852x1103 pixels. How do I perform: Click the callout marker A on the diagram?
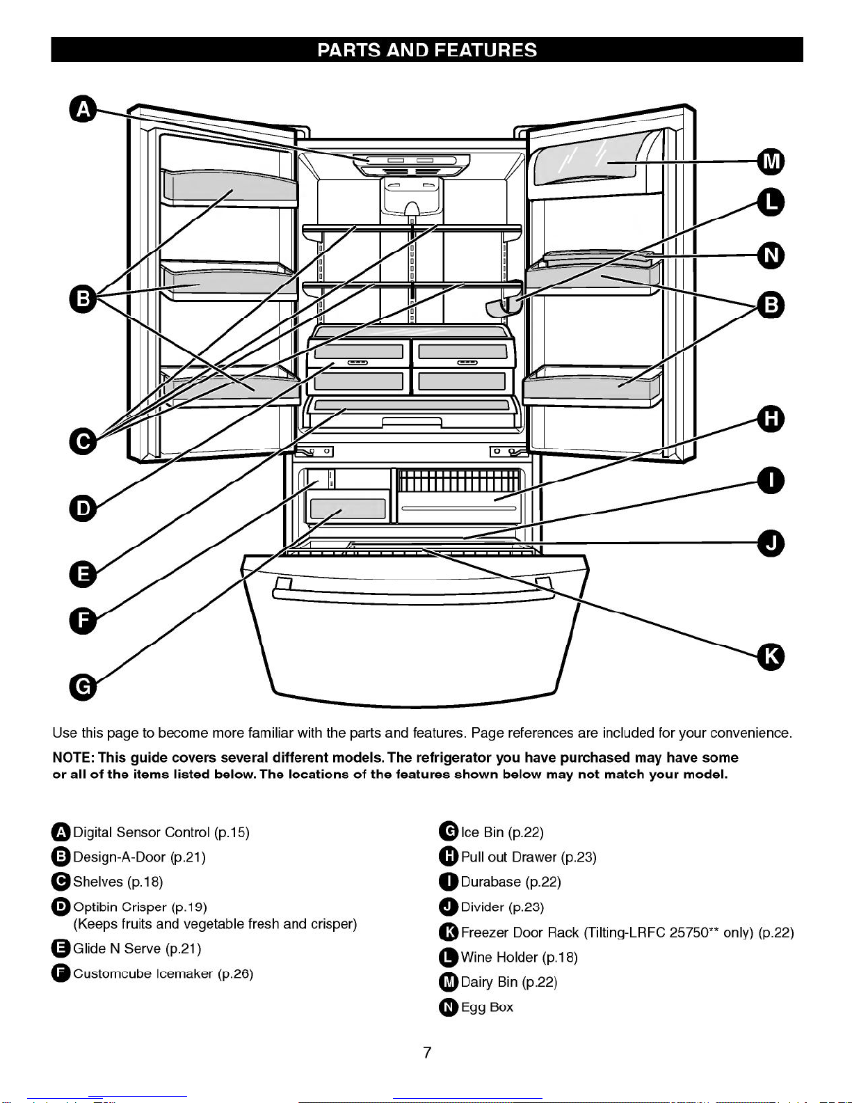point(83,109)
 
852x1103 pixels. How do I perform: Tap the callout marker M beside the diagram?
point(771,161)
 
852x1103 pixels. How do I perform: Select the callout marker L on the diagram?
point(771,203)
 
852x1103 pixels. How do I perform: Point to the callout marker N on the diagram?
point(771,255)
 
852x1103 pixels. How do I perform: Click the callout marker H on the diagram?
point(771,419)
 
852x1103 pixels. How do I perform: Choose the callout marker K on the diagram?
point(771,656)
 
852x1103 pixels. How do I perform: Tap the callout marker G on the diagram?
point(83,687)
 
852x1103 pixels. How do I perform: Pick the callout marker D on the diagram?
point(83,508)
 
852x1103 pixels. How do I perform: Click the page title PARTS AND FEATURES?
point(427,50)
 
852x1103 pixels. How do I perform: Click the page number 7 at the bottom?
point(427,1052)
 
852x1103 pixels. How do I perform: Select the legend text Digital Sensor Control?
point(141,832)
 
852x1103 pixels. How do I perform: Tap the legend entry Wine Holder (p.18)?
point(519,958)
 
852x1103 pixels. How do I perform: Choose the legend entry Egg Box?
point(487,1007)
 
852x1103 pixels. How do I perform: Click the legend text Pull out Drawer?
point(510,857)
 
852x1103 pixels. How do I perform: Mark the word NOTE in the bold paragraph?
point(72,757)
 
